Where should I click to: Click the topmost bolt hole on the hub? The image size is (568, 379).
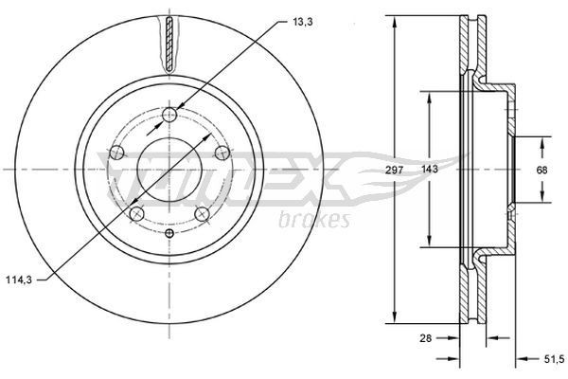[x=169, y=115]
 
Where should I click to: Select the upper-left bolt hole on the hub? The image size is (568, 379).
[x=117, y=152]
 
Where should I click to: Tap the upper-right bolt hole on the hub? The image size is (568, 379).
[x=222, y=152]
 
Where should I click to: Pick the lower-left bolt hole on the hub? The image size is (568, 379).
[x=137, y=214]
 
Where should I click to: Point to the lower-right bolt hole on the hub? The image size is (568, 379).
[x=202, y=214]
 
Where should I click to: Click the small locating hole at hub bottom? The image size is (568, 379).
[x=169, y=233]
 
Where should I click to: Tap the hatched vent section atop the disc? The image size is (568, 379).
[x=169, y=43]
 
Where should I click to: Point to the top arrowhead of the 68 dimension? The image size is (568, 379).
[x=542, y=142]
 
